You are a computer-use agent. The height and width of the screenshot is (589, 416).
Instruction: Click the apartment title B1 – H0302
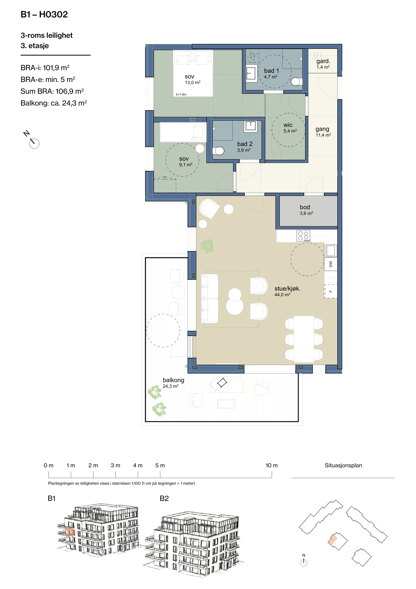coord(44,14)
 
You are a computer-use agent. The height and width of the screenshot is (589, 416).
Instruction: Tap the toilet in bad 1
coord(296,81)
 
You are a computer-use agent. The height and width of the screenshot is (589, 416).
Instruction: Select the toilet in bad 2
coord(218,151)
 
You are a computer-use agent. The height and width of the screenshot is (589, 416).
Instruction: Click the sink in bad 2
coord(251,126)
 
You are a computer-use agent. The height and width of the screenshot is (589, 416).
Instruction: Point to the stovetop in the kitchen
coord(303,236)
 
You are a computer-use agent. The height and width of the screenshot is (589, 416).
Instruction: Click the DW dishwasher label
coord(331,264)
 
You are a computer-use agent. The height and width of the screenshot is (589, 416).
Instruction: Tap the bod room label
coord(305,207)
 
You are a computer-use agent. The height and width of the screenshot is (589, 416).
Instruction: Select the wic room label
coord(288,125)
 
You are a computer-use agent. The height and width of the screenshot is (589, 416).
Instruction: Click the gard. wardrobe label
coord(323,61)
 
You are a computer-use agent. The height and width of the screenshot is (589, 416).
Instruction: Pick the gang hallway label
coord(322,129)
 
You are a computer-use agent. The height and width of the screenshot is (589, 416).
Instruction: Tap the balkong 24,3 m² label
coord(173,383)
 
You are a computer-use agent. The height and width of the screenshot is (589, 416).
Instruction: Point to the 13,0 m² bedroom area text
coord(193,82)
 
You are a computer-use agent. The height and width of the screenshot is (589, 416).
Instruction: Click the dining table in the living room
coord(304,339)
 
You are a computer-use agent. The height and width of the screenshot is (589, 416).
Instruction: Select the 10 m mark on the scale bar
coord(272,465)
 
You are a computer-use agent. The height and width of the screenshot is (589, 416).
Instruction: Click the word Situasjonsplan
coord(343,465)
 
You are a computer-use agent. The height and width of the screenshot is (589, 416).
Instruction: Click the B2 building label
coord(164,498)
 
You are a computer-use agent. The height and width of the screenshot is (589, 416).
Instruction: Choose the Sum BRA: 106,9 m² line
coord(52,91)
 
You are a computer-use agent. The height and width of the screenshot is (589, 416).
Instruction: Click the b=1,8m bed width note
coord(181,94)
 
